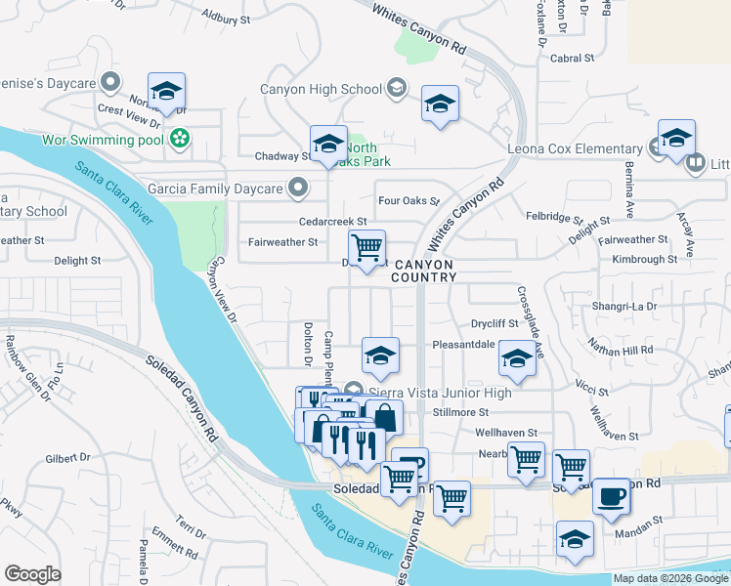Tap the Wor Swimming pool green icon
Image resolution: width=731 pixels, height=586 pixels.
tap(179, 140)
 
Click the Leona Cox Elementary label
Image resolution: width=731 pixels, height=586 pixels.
tap(574, 148)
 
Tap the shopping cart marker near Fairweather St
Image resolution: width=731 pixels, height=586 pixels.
tap(366, 248)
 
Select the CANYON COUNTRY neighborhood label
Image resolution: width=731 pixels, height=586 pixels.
tap(423, 271)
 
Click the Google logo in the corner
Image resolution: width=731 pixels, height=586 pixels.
tap(32, 574)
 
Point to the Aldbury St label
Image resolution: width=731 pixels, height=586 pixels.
tap(226, 17)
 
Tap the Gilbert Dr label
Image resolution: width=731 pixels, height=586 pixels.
tap(67, 457)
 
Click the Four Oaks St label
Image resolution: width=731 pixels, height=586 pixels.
tap(409, 200)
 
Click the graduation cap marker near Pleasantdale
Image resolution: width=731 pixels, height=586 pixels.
tap(380, 356)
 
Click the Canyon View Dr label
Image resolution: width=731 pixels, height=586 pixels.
tap(222, 290)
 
